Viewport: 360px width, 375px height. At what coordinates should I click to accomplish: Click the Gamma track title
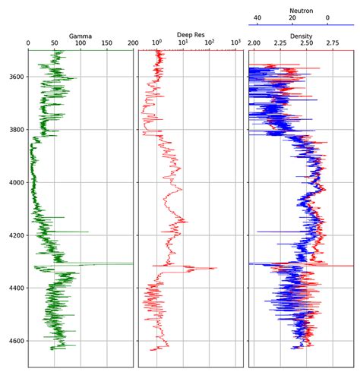(x=81, y=36)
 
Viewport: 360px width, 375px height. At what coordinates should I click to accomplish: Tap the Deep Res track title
(x=191, y=35)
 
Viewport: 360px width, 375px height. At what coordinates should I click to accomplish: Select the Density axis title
(x=301, y=36)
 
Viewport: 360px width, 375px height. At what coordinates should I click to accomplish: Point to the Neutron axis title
(x=302, y=11)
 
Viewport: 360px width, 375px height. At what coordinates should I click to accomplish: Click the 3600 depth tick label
(x=17, y=77)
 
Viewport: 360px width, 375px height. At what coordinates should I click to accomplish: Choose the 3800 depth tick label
(x=17, y=130)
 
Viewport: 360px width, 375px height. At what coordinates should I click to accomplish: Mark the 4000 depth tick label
(x=17, y=182)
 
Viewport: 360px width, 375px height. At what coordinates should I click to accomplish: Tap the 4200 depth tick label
(x=17, y=235)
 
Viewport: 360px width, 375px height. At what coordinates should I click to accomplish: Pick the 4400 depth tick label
(x=17, y=288)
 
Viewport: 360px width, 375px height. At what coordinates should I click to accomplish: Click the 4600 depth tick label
(x=17, y=341)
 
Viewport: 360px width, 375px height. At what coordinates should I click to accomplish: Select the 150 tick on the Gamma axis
(x=107, y=43)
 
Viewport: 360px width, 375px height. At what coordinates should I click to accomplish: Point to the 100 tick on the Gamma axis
(x=81, y=43)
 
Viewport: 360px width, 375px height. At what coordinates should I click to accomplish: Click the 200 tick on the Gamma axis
(x=133, y=43)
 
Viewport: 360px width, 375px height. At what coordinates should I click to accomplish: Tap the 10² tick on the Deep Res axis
(x=210, y=43)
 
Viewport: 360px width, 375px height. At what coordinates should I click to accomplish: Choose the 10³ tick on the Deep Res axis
(x=235, y=43)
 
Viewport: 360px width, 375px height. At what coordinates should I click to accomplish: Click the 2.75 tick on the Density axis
(x=333, y=43)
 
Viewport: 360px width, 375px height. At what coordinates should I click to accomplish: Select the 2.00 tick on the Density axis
(x=254, y=43)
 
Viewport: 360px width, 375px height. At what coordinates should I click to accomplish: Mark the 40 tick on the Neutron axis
(x=257, y=17)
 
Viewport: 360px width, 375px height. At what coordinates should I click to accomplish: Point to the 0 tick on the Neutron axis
(x=327, y=17)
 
